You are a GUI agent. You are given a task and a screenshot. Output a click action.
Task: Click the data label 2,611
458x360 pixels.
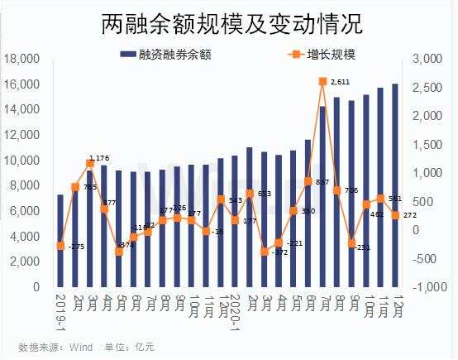[341, 82]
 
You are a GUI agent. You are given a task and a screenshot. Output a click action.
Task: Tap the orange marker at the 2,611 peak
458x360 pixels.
[322, 81]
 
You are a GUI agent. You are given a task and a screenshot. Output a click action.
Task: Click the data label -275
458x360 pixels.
[77, 247]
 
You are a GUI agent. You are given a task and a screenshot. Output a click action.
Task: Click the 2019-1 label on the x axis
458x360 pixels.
[60, 310]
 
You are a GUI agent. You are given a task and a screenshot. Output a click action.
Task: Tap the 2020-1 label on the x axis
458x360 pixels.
[234, 310]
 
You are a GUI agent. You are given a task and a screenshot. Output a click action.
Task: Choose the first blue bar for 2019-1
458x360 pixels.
[60, 240]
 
